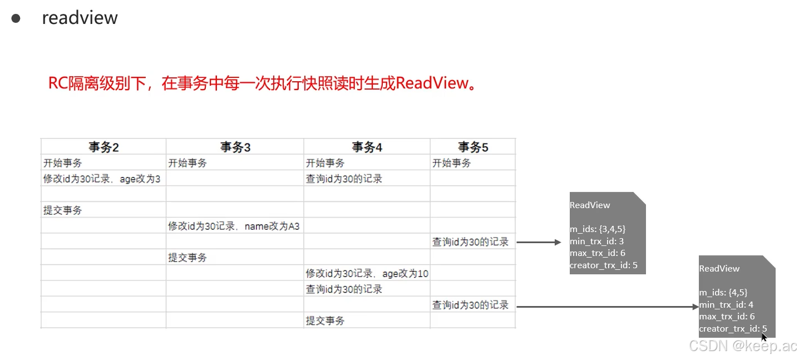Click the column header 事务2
pyautogui.click(x=103, y=147)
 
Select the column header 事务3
pyautogui.click(x=235, y=147)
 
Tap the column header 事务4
pyautogui.click(x=367, y=147)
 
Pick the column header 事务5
pyautogui.click(x=472, y=147)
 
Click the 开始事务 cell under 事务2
pyautogui.click(x=62, y=163)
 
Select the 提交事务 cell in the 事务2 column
pyautogui.click(x=62, y=210)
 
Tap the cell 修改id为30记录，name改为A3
pyautogui.click(x=234, y=226)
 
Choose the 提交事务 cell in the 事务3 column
pyautogui.click(x=188, y=258)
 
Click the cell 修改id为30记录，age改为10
pyautogui.click(x=367, y=274)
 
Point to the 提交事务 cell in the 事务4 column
pyautogui.click(x=325, y=321)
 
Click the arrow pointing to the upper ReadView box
pyautogui.click(x=539, y=242)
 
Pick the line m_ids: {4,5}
pyautogui.click(x=723, y=292)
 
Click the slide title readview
pyautogui.click(x=80, y=18)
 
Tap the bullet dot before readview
pyautogui.click(x=16, y=18)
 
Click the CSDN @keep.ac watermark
pyautogui.click(x=742, y=346)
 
